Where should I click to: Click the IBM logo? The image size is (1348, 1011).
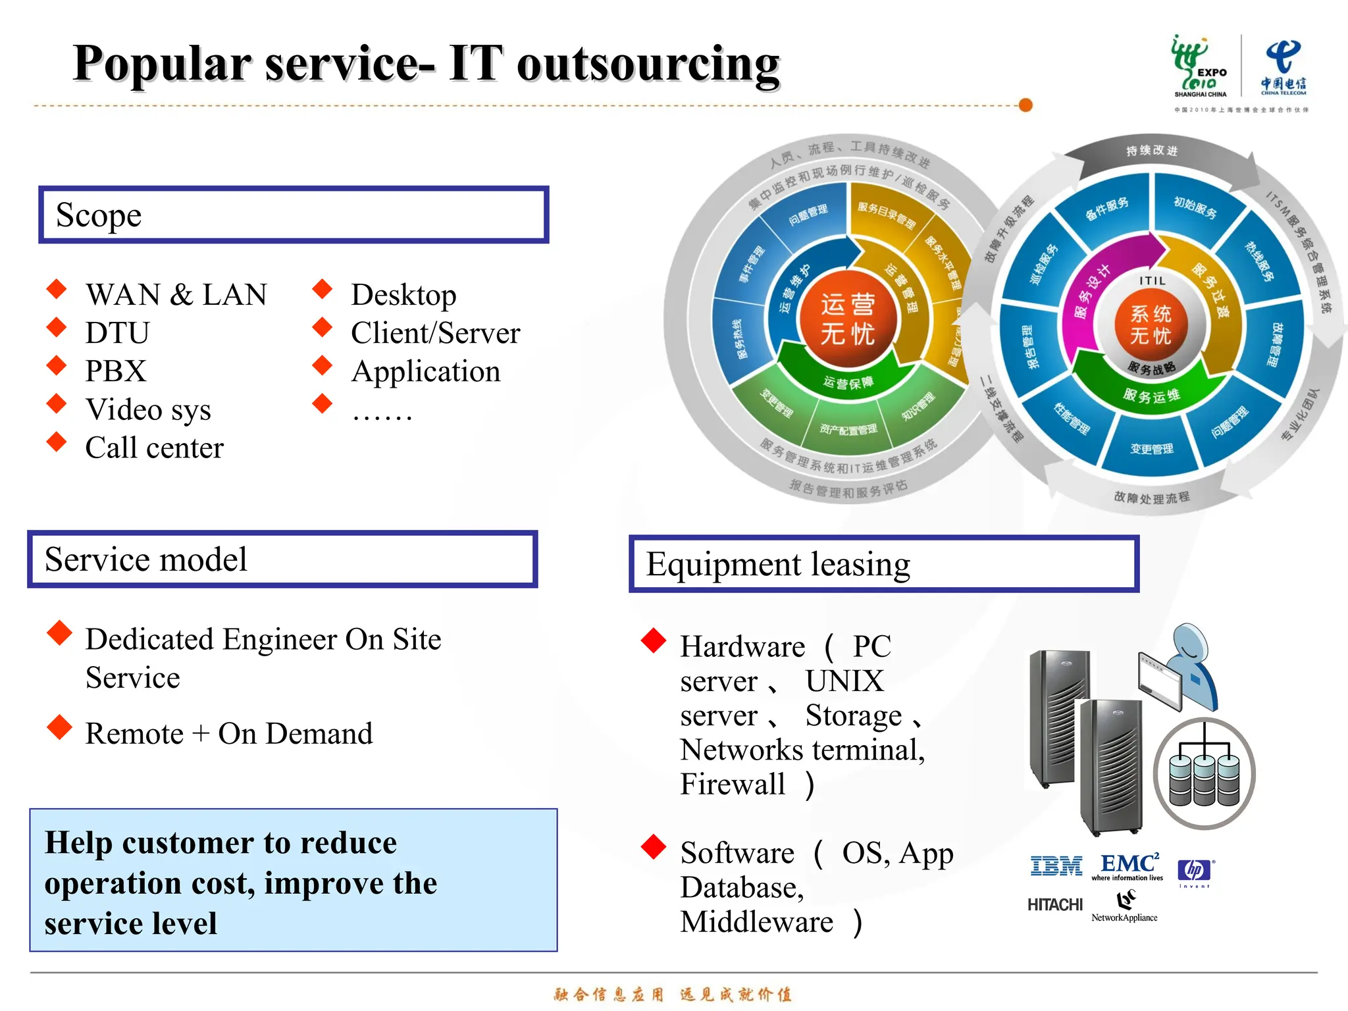[x=1056, y=866]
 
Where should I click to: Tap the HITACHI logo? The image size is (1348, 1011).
[x=1054, y=905]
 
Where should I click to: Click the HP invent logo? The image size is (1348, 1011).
[x=1195, y=871]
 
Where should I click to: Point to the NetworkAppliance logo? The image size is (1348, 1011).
[x=1125, y=907]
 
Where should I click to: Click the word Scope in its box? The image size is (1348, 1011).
[x=99, y=215]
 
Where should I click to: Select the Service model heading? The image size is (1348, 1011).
[x=146, y=559]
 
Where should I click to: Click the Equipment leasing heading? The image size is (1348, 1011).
[x=778, y=565]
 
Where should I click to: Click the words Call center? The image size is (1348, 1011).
[x=155, y=448]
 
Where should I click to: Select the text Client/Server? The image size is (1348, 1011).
[x=435, y=333]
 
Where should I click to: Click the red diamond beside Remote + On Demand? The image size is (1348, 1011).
[x=59, y=727]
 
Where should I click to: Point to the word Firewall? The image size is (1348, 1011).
[x=733, y=784]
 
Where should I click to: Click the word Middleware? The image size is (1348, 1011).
[x=757, y=922]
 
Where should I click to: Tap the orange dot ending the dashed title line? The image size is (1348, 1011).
[x=1025, y=105]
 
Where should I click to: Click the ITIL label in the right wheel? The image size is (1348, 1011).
[x=1152, y=281]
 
